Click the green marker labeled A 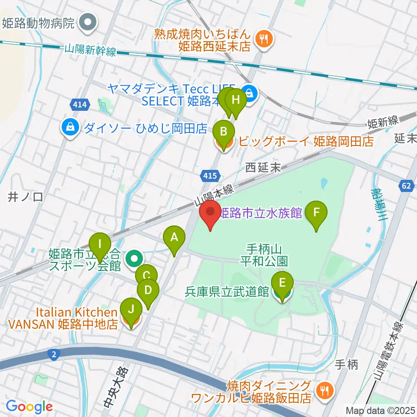(174, 237)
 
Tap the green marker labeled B (224, 132)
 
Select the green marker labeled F (317, 212)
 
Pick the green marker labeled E (282, 284)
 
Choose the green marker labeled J (130, 310)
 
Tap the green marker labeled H (236, 99)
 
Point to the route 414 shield (80, 104)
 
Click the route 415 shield (207, 175)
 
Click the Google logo (30, 407)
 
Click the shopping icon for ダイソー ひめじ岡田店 (70, 128)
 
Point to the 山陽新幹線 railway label (90, 50)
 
